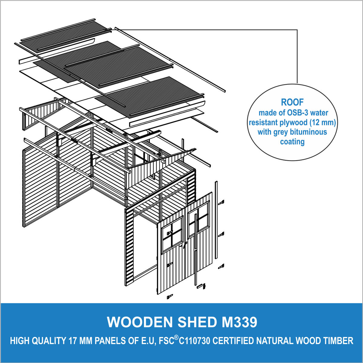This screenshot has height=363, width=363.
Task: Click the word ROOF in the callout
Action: pyautogui.click(x=292, y=102)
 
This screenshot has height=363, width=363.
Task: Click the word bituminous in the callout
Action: pyautogui.click(x=308, y=132)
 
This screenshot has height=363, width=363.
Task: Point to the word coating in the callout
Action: pyautogui.click(x=292, y=141)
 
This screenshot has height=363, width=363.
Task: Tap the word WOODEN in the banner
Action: pyautogui.click(x=140, y=322)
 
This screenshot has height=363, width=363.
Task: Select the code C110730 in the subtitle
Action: pyautogui.click(x=194, y=341)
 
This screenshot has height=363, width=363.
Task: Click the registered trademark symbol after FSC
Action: pyautogui.click(x=176, y=338)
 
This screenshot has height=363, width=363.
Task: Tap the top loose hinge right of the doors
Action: pyautogui.click(x=221, y=203)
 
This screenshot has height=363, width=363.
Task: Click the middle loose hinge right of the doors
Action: pyautogui.click(x=221, y=235)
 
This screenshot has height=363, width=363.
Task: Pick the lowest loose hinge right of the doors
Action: pyautogui.click(x=221, y=267)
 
